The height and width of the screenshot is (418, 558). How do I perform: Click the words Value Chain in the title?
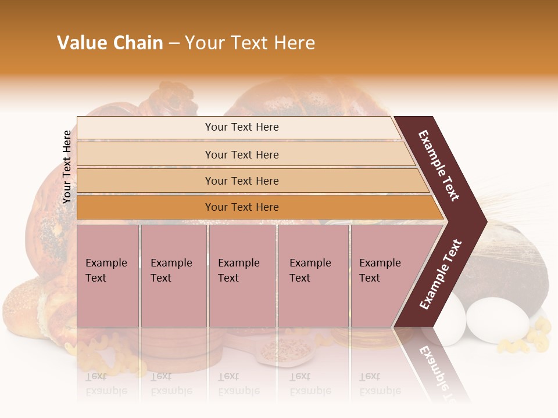click(110, 43)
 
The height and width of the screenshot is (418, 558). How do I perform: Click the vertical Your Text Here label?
click(67, 167)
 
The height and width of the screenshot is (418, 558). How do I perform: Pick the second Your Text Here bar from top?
click(241, 154)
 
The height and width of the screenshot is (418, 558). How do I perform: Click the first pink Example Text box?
click(108, 276)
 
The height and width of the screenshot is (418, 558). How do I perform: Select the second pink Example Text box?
click(173, 276)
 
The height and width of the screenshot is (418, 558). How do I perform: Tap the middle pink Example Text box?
click(242, 276)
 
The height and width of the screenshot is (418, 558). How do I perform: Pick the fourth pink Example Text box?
click(313, 276)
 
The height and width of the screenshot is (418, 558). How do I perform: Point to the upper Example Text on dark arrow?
click(439, 165)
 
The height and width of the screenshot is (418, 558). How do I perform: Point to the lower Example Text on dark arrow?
click(441, 274)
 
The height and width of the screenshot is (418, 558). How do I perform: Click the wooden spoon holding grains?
click(285, 352)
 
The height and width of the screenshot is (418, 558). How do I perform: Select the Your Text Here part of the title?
click(250, 43)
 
